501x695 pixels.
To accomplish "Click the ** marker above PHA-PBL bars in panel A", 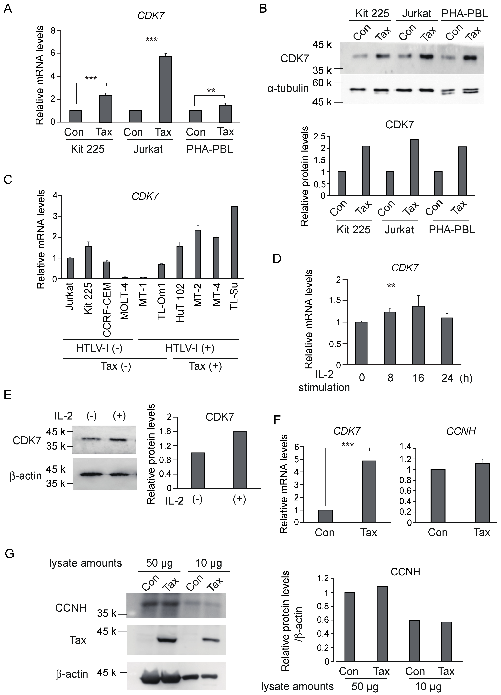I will point(211,91).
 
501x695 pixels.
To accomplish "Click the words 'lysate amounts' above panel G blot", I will point(86,563).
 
